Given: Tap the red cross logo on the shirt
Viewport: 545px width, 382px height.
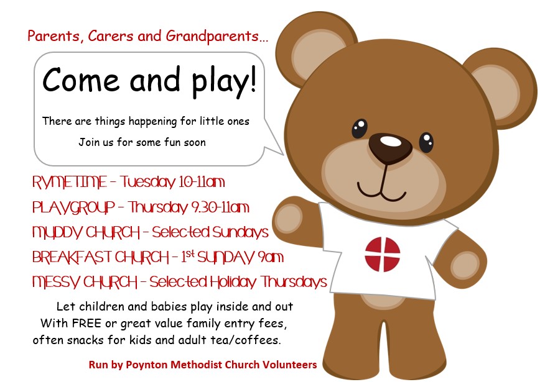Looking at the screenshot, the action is click(x=383, y=254).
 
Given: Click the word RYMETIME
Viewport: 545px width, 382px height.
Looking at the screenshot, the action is click(x=70, y=182).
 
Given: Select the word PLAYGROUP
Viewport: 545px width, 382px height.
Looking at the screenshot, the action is click(x=73, y=207).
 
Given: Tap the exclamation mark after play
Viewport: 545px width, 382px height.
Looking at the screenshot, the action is click(x=253, y=80).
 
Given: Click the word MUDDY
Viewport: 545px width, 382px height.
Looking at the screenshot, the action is click(x=57, y=232).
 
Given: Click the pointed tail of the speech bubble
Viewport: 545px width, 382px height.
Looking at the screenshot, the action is click(x=282, y=153).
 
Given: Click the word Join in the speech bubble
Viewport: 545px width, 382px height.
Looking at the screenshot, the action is click(x=86, y=142).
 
